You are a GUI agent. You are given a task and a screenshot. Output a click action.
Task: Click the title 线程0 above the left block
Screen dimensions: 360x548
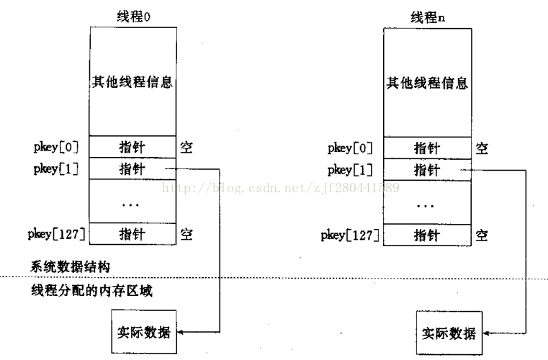click(x=132, y=15)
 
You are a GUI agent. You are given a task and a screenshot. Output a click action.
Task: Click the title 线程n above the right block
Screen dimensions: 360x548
click(x=426, y=17)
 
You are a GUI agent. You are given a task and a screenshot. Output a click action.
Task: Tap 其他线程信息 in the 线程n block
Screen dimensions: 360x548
click(x=426, y=81)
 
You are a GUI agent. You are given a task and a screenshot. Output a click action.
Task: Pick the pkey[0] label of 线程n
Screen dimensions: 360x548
click(x=350, y=148)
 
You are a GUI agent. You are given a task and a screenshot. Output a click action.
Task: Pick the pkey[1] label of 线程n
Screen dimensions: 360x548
click(x=350, y=170)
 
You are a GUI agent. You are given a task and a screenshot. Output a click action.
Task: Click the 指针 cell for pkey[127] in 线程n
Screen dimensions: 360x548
click(x=426, y=234)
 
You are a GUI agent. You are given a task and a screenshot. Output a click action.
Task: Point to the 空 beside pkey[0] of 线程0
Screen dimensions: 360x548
click(x=187, y=148)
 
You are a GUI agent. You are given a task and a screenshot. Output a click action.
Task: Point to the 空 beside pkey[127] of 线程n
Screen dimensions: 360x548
click(x=481, y=234)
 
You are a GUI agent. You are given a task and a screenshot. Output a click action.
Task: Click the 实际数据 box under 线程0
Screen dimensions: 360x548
click(x=144, y=332)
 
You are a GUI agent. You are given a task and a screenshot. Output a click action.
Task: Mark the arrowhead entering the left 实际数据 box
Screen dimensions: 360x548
click(x=180, y=332)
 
